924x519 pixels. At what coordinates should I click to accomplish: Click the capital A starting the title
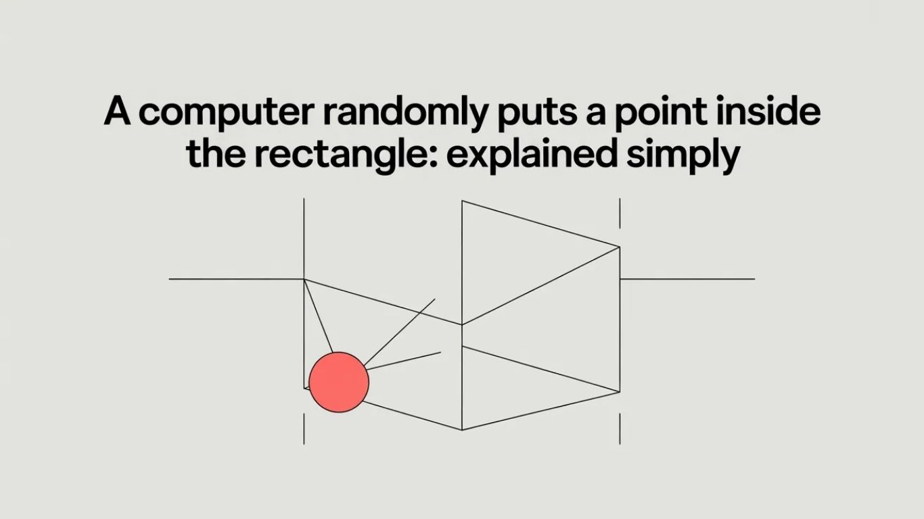(x=118, y=113)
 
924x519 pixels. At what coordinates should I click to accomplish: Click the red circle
(x=339, y=382)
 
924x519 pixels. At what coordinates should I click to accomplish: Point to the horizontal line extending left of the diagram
(x=235, y=278)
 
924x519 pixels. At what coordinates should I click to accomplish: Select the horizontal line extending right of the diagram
(x=687, y=278)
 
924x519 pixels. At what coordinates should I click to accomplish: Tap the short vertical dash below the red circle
(x=304, y=429)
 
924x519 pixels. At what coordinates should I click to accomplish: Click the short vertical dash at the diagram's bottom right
(x=620, y=429)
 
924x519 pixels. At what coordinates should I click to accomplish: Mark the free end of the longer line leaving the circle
(x=435, y=299)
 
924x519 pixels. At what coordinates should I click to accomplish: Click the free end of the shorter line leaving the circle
(x=440, y=351)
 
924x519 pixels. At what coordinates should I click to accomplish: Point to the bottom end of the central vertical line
(x=462, y=429)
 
